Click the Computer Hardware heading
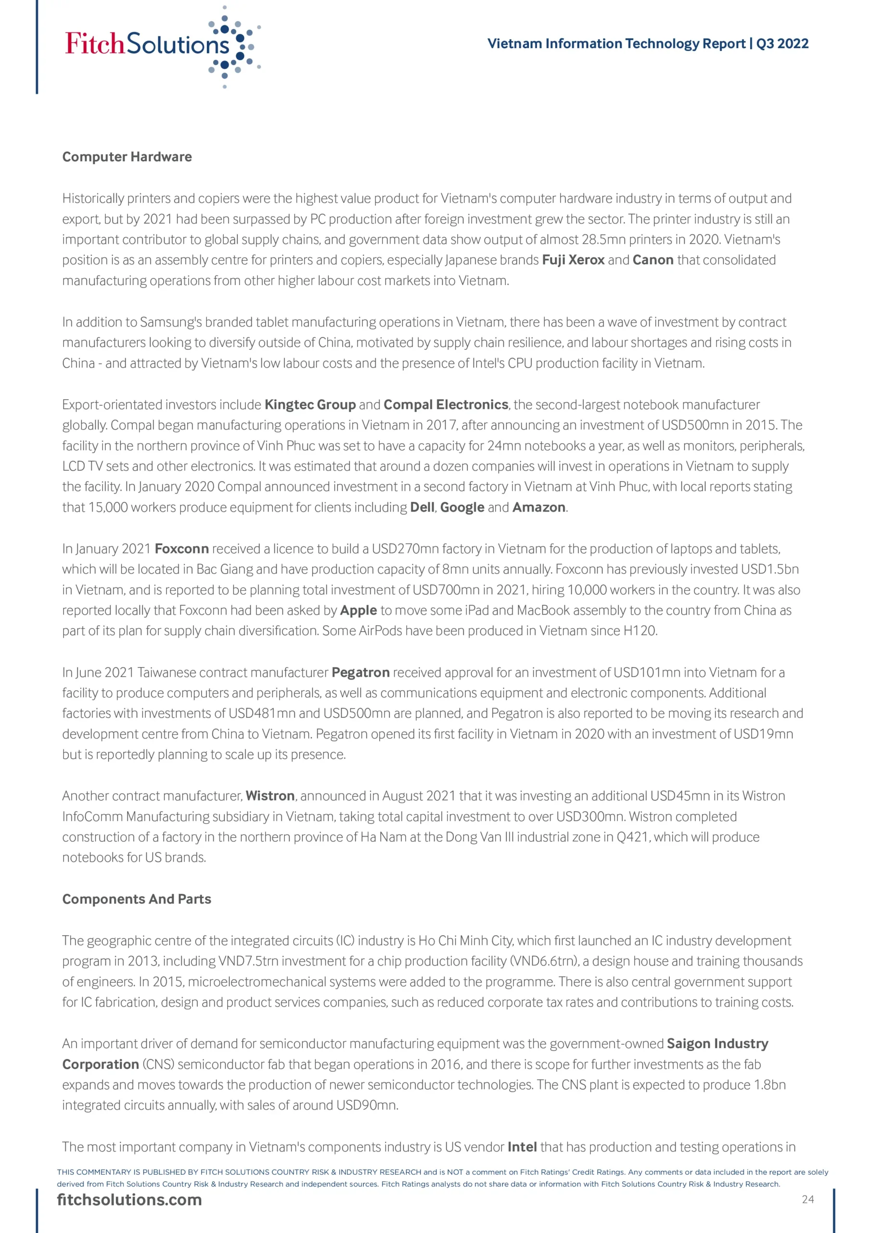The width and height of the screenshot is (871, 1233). click(x=127, y=157)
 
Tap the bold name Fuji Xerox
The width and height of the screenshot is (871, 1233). click(x=573, y=260)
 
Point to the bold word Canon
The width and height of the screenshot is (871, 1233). click(x=653, y=260)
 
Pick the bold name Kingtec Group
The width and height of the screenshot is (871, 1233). click(x=310, y=405)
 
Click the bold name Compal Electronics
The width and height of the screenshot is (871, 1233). click(x=446, y=405)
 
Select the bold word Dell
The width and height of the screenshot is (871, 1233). click(x=422, y=508)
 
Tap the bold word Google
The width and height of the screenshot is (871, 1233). click(x=462, y=508)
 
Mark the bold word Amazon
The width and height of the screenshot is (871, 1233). click(x=539, y=508)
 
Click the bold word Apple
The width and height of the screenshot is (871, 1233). click(x=359, y=611)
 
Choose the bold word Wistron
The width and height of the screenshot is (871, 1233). click(x=270, y=796)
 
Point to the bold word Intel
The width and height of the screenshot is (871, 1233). click(x=522, y=1147)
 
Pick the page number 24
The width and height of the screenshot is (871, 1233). click(x=807, y=1200)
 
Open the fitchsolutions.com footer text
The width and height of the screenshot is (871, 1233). click(x=129, y=1200)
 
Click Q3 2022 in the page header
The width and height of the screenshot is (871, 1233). click(x=782, y=44)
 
